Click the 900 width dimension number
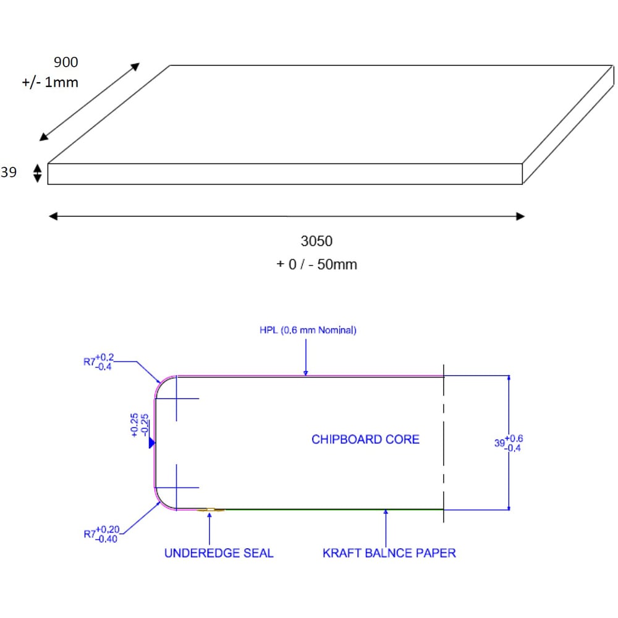coord(66,62)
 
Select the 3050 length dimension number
coord(316,241)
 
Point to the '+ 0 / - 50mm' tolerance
coord(316,265)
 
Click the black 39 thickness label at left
coord(9,173)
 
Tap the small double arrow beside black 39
coord(37,173)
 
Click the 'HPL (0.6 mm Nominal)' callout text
coord(308,331)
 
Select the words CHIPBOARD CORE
coord(365,439)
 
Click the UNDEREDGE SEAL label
coord(218,552)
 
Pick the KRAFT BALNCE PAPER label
coord(389,552)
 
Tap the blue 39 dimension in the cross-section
coord(509,442)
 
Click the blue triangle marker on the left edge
coord(151,442)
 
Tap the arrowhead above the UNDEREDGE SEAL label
coord(210,514)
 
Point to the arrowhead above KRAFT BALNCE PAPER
coord(386,514)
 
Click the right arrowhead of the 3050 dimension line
coord(520,216)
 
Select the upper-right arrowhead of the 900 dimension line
coord(135,66)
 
